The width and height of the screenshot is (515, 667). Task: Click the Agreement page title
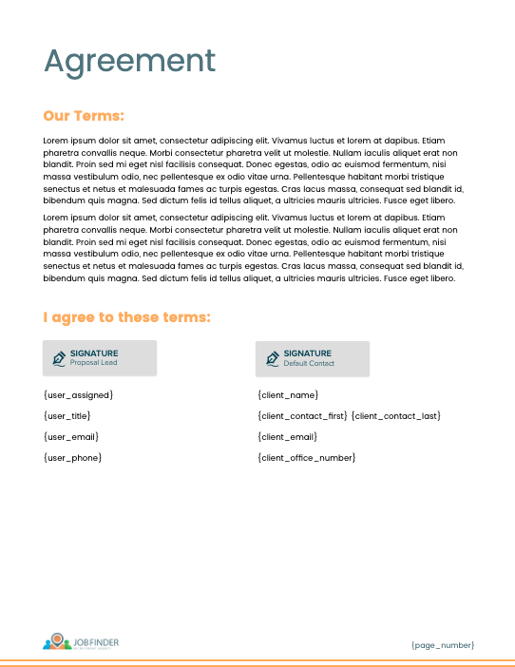(130, 61)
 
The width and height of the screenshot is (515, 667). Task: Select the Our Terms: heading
(84, 116)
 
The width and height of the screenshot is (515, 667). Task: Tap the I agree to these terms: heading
(126, 317)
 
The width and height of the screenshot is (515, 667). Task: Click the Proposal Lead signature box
(100, 358)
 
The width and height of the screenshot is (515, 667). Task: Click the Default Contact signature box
(313, 358)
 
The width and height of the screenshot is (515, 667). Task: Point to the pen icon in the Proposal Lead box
(59, 358)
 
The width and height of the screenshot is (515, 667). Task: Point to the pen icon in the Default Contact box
(272, 358)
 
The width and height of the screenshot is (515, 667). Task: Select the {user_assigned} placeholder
(78, 394)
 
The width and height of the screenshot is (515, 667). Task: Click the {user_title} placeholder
(67, 416)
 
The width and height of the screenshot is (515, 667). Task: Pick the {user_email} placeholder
(71, 437)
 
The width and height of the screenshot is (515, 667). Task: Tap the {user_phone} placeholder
(73, 458)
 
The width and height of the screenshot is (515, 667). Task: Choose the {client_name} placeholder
(288, 394)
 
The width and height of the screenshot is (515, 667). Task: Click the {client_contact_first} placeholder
(302, 416)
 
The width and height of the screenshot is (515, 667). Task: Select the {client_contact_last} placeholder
(396, 416)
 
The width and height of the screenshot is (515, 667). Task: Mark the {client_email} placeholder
(288, 437)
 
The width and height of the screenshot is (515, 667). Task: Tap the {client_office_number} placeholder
(306, 458)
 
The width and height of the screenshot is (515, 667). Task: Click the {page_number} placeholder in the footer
(443, 645)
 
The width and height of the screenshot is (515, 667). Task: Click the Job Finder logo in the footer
(81, 642)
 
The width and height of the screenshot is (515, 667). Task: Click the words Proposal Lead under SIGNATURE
(94, 363)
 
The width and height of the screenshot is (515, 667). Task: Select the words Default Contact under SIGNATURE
(309, 363)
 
